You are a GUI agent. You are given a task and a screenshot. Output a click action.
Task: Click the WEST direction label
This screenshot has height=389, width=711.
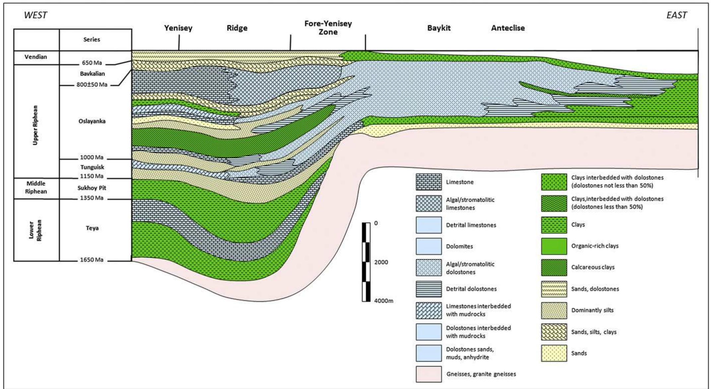[35, 15]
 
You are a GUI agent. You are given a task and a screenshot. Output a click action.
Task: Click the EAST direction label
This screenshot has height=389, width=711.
[677, 15]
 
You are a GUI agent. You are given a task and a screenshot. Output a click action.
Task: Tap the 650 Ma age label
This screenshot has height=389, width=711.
[92, 63]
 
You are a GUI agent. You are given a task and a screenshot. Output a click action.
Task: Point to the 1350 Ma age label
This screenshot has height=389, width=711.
[92, 198]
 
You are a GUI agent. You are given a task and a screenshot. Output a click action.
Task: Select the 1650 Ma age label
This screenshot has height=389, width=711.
[92, 260]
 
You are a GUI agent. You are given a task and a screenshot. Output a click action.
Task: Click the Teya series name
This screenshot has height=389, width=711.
[92, 228]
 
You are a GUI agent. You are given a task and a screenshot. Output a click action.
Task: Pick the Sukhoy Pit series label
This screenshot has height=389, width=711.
[92, 188]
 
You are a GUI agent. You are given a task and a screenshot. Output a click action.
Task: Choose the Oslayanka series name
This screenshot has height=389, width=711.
[92, 121]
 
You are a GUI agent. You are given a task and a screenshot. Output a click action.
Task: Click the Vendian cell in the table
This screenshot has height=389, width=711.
[36, 57]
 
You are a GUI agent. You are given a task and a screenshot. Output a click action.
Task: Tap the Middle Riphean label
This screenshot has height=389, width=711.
[36, 188]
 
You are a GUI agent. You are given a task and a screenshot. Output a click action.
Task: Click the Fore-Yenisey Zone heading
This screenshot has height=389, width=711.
[328, 28]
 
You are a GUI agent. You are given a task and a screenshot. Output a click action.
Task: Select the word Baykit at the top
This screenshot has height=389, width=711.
[439, 28]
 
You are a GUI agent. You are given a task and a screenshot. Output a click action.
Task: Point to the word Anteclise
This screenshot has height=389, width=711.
[508, 28]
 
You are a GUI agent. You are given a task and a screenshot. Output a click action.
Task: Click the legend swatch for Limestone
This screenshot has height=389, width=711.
[429, 182]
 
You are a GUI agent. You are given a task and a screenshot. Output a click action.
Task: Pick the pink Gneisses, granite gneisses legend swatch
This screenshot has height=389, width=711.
[429, 374]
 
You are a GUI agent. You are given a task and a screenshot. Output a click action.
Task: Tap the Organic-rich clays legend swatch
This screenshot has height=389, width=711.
[554, 246]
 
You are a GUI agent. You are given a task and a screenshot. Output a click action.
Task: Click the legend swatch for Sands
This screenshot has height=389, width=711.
[554, 353]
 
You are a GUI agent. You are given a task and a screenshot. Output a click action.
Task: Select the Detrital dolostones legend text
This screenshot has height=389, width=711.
[471, 289]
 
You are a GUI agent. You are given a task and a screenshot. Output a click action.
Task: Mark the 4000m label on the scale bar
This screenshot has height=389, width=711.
[384, 301]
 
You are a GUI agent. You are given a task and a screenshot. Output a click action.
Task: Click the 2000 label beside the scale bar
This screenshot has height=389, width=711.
[381, 262]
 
